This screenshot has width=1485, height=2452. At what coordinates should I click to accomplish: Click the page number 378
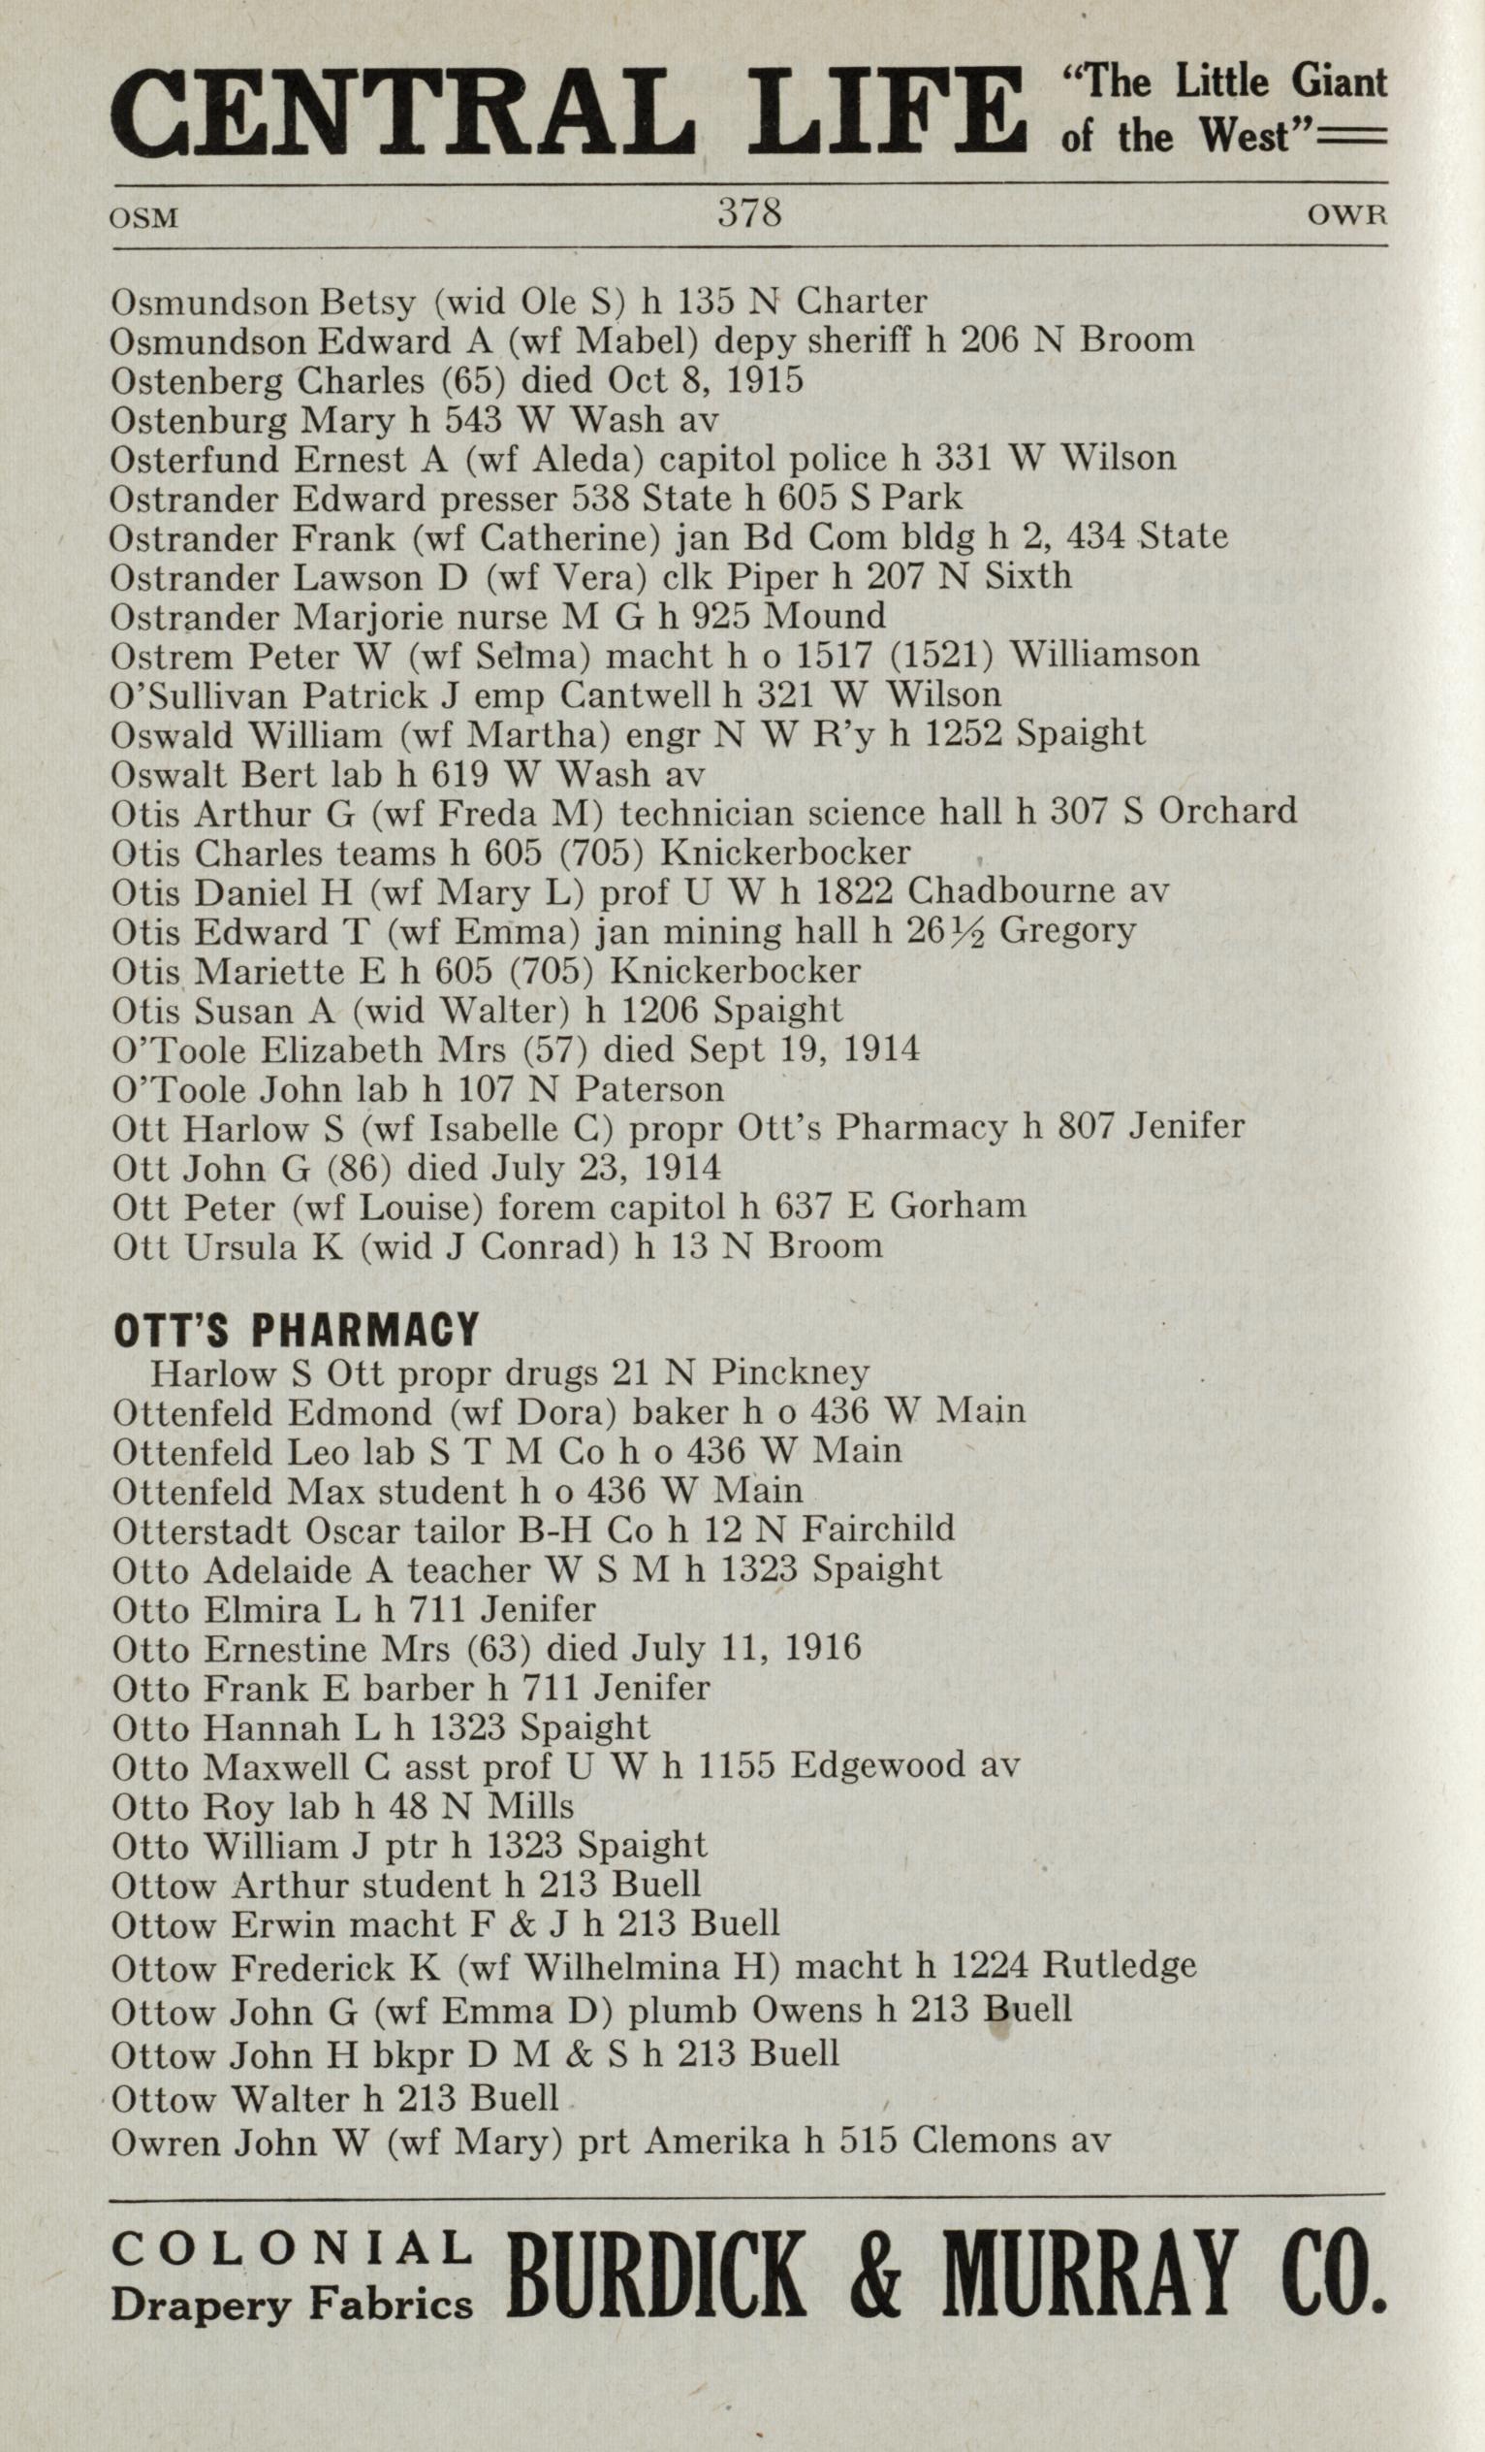749,214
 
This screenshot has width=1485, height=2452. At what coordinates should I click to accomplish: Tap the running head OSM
145,218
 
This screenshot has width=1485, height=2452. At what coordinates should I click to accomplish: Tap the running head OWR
1346,216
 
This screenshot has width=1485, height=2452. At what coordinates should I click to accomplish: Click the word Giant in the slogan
1339,81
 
